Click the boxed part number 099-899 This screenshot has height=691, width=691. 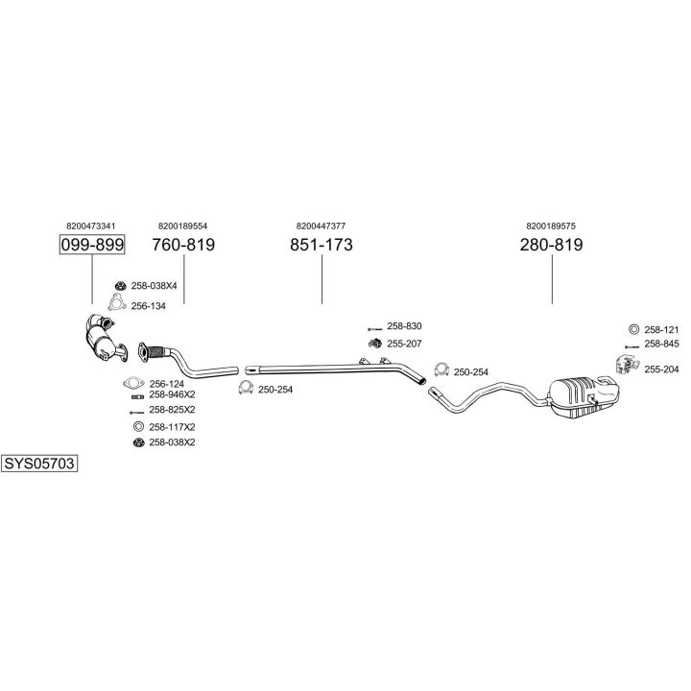click(92, 245)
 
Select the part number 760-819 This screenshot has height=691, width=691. click(183, 245)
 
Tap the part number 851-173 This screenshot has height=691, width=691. click(322, 245)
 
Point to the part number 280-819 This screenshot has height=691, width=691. click(551, 245)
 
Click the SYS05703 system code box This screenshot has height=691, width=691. click(38, 463)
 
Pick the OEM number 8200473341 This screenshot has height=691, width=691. click(92, 226)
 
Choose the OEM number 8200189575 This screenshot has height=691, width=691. click(551, 226)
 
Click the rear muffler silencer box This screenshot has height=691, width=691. click(585, 393)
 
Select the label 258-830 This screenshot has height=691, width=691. click(404, 327)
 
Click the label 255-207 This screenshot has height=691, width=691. click(404, 344)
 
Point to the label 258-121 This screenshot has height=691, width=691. click(661, 328)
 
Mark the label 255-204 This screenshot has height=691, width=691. click(661, 369)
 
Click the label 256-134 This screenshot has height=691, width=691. click(149, 306)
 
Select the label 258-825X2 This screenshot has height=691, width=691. click(172, 411)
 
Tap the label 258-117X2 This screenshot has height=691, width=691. click(172, 426)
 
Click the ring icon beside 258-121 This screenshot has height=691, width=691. click(632, 328)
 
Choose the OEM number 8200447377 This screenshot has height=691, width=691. click(322, 226)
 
